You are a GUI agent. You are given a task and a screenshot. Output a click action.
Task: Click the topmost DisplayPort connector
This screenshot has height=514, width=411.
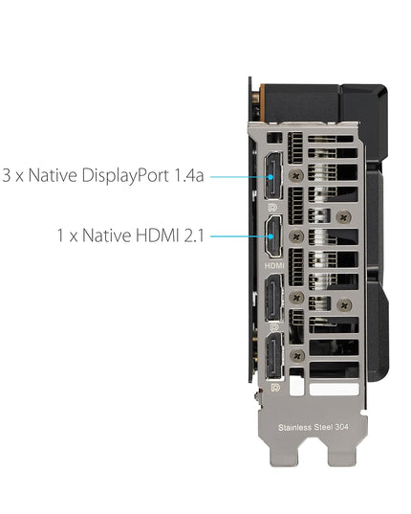pyautogui.click(x=273, y=176)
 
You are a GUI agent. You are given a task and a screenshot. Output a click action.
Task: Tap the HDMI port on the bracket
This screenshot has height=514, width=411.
pyautogui.click(x=273, y=236)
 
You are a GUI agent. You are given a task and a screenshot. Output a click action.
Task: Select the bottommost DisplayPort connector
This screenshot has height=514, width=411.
pyautogui.click(x=274, y=356)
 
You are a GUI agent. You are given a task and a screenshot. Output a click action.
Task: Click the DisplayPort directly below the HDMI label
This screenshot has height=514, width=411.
pyautogui.click(x=274, y=298)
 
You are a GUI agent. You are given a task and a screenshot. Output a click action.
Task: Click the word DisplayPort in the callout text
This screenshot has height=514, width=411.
pyautogui.click(x=125, y=176)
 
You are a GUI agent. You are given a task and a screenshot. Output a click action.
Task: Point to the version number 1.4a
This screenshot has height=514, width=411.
pyautogui.click(x=189, y=176)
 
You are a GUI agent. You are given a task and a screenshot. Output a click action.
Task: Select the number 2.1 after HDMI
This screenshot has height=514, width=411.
pyautogui.click(x=194, y=235)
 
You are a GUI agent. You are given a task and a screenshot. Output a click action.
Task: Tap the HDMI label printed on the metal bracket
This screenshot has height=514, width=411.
pyautogui.click(x=274, y=265)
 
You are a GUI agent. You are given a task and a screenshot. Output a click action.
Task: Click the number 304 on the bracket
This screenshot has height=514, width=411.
pyautogui.click(x=341, y=427)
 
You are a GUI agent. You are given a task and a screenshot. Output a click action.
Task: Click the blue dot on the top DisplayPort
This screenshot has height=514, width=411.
pyautogui.click(x=270, y=177)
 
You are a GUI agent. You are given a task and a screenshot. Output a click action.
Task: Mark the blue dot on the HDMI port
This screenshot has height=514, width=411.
pyautogui.click(x=270, y=236)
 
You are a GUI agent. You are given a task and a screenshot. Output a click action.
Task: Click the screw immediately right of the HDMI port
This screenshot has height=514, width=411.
pyautogui.click(x=296, y=236)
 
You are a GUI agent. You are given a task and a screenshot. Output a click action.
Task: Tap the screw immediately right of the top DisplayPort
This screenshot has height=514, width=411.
pyautogui.click(x=296, y=176)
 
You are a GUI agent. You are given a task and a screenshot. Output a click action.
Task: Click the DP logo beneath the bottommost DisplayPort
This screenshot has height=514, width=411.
pyautogui.click(x=275, y=388)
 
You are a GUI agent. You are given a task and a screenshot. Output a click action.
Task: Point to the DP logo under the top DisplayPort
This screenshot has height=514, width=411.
pyautogui.click(x=272, y=207)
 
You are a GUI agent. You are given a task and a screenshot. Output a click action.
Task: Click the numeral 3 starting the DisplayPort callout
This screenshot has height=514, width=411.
pyautogui.click(x=7, y=176)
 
